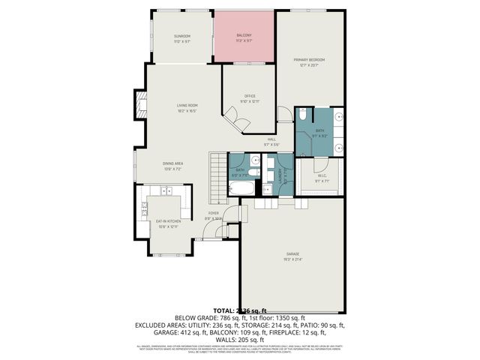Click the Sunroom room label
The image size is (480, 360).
pos(181,37)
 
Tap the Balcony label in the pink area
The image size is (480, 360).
pos(244,36)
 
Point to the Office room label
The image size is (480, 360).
pos(250,97)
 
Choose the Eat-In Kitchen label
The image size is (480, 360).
pos(168,222)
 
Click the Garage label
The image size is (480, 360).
pos(292,255)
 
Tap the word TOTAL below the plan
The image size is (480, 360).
pos(223,310)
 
